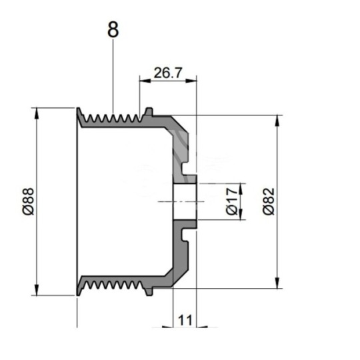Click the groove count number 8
pyautogui.click(x=114, y=31)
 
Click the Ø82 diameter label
pyautogui.click(x=268, y=200)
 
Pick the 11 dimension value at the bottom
pyautogui.click(x=185, y=321)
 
